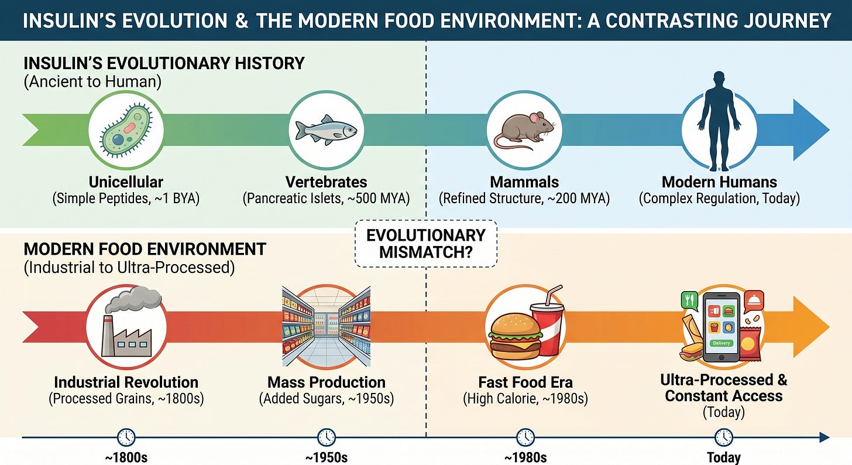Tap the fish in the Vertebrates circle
tap(326, 129)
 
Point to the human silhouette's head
tap(719, 82)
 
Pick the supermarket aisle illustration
tap(326, 327)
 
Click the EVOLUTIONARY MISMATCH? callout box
tap(426, 244)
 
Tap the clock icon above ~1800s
tap(126, 437)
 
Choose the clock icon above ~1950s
tap(326, 437)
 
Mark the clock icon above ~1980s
tap(525, 437)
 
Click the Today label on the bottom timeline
tap(724, 457)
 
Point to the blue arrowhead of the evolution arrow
tap(810, 129)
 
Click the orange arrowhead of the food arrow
tap(810, 327)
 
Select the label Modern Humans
tap(719, 182)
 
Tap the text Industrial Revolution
tap(126, 382)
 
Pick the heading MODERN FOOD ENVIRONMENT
tap(145, 249)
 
